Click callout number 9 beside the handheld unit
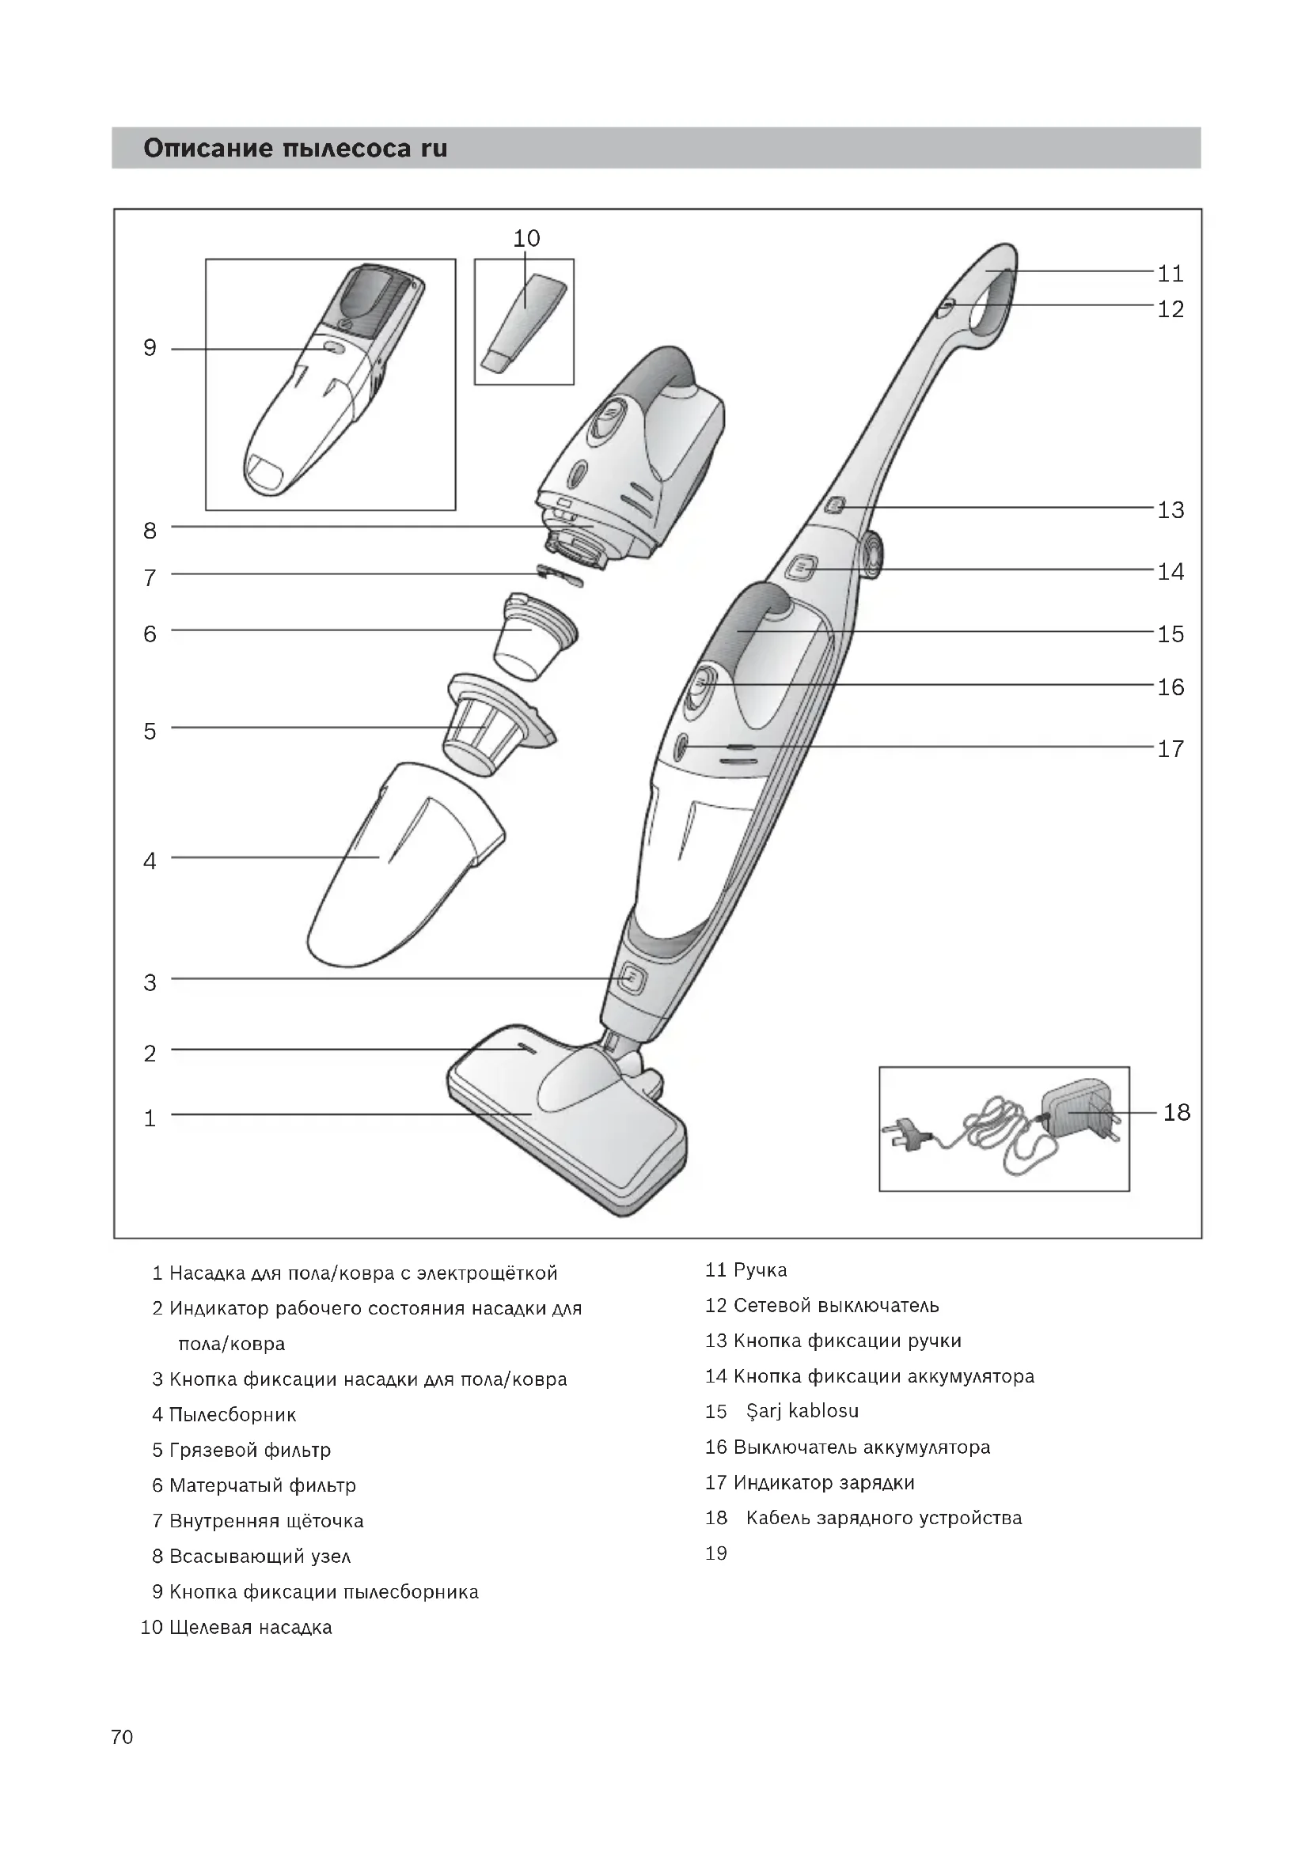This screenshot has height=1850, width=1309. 150,348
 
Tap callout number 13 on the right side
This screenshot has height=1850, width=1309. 1171,510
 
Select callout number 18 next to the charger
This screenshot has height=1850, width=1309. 1176,1113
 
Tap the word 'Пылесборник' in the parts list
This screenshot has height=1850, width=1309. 232,1414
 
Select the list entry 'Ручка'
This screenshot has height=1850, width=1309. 760,1270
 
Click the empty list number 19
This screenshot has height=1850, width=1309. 715,1553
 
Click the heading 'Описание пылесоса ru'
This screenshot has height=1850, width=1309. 295,148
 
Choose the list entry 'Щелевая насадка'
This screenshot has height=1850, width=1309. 250,1627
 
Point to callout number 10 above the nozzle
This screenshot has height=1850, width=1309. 526,239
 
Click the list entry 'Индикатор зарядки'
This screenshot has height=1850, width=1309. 823,1482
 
